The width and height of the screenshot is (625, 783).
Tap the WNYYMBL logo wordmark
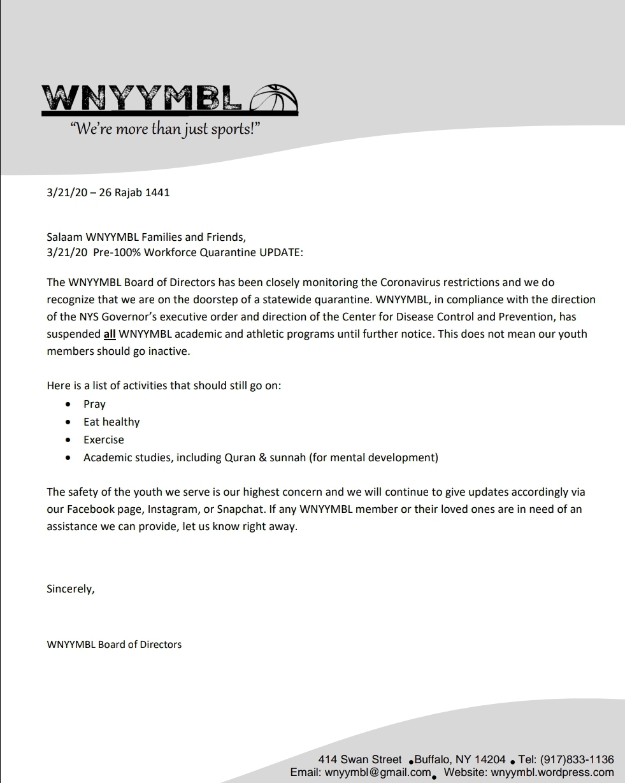pos(141,99)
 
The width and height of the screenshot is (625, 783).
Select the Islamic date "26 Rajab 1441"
pos(134,192)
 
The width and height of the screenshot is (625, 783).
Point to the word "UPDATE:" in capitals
pos(281,252)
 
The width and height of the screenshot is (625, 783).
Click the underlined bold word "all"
pos(109,334)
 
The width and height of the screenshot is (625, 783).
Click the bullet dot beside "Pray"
pos(68,404)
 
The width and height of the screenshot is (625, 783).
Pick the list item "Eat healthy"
pos(111,422)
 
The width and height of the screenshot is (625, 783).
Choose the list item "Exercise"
pos(104,440)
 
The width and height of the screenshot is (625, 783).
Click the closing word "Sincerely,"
pos(71,589)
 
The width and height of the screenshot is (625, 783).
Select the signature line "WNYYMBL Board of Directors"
pos(114,644)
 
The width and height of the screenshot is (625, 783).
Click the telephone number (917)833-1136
pos(577,759)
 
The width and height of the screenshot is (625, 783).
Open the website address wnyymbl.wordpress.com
pos(552,772)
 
